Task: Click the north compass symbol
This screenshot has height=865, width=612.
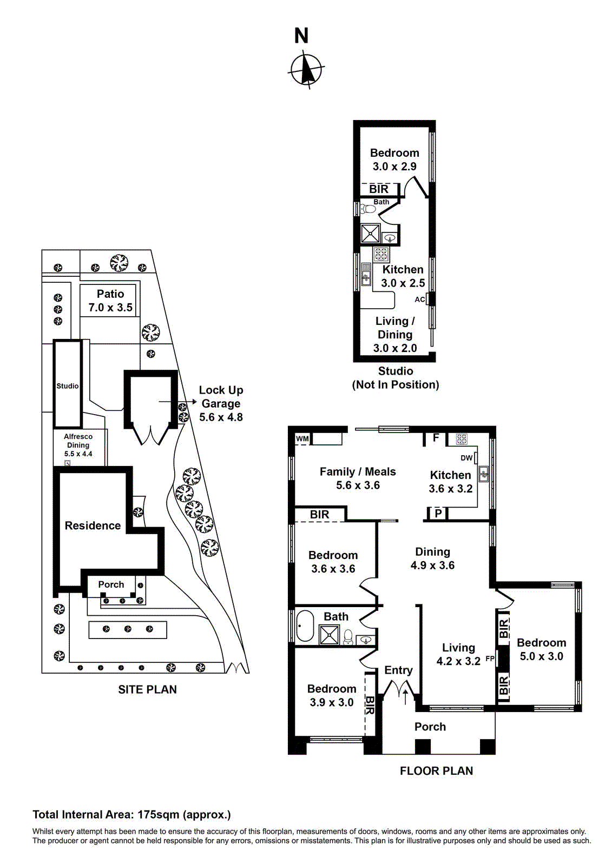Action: pyautogui.click(x=307, y=69)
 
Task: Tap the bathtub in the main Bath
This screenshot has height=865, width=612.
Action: pyautogui.click(x=305, y=627)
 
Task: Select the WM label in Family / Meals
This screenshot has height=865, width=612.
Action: pyautogui.click(x=302, y=438)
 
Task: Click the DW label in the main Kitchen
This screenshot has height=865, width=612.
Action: pyautogui.click(x=466, y=458)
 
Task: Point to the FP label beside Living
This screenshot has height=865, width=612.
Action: pyautogui.click(x=490, y=658)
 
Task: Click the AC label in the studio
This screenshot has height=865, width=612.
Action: pyautogui.click(x=420, y=300)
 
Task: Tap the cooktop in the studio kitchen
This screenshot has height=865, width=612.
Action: pyautogui.click(x=381, y=254)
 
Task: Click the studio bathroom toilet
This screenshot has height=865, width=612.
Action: pyautogui.click(x=369, y=209)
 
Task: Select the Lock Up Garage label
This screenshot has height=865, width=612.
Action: pyautogui.click(x=221, y=403)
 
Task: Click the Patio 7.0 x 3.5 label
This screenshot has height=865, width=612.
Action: pyautogui.click(x=110, y=301)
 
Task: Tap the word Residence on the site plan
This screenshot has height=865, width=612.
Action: pyautogui.click(x=93, y=525)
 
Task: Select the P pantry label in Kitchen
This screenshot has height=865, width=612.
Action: pyautogui.click(x=438, y=513)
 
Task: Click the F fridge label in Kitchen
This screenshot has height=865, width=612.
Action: pyautogui.click(x=436, y=438)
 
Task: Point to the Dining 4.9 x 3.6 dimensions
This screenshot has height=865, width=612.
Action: pyautogui.click(x=432, y=565)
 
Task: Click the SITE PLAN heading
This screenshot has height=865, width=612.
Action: pyautogui.click(x=147, y=689)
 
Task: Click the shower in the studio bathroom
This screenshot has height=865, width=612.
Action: pyautogui.click(x=371, y=234)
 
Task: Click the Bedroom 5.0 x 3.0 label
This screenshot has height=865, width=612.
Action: pyautogui.click(x=541, y=649)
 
